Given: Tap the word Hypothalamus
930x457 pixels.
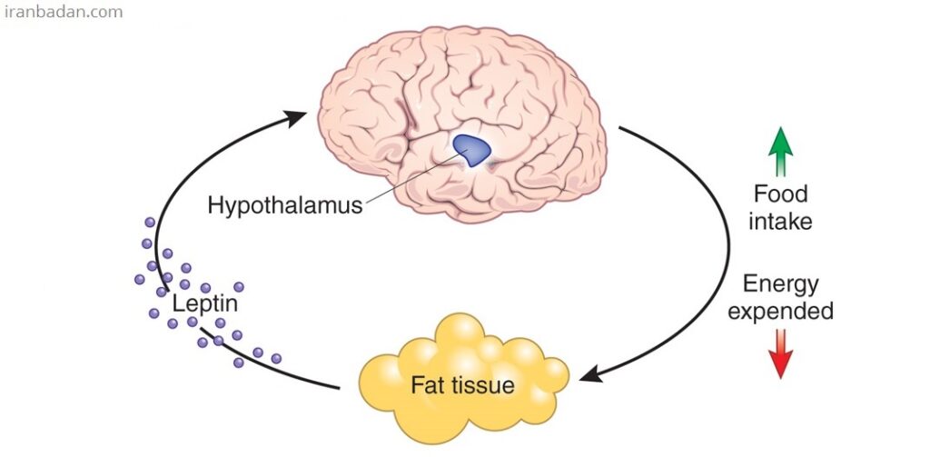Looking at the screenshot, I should point(284,204).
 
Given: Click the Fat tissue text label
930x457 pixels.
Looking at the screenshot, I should point(462,384).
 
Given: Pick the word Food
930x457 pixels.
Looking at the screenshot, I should point(780,194).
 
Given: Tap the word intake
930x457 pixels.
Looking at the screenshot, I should point(780,221).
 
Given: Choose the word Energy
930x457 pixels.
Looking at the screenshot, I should point(780,284).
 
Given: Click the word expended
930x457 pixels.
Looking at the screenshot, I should point(780,312).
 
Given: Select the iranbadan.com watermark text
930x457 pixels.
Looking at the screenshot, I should point(63,13).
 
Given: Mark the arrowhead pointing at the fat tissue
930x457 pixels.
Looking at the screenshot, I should point(590,373).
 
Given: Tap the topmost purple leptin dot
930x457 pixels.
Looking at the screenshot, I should point(150,222).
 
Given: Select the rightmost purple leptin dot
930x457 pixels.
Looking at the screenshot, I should point(276,358).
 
